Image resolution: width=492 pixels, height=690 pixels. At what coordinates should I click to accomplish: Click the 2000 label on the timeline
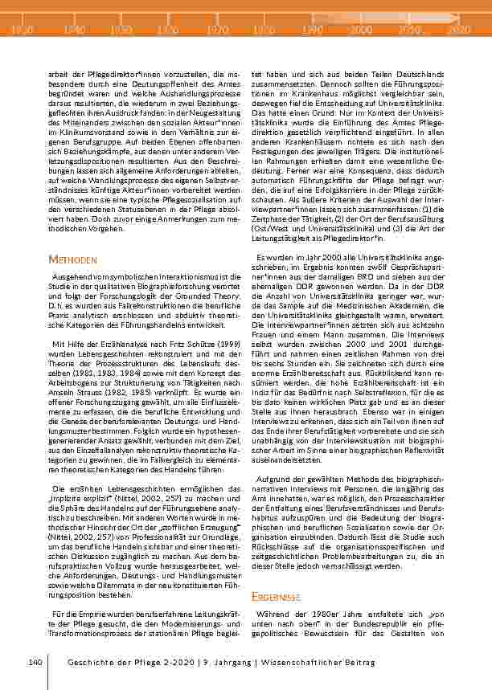pyautogui.click(x=363, y=30)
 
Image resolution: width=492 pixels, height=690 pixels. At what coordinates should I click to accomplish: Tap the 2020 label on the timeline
pyautogui.click(x=459, y=30)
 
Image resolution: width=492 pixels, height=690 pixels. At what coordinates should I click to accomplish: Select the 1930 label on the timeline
pyautogui.click(x=23, y=30)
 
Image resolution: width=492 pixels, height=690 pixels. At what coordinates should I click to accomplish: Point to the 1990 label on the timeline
pyautogui.click(x=311, y=30)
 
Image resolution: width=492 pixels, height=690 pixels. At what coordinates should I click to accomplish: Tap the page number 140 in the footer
pyautogui.click(x=35, y=661)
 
